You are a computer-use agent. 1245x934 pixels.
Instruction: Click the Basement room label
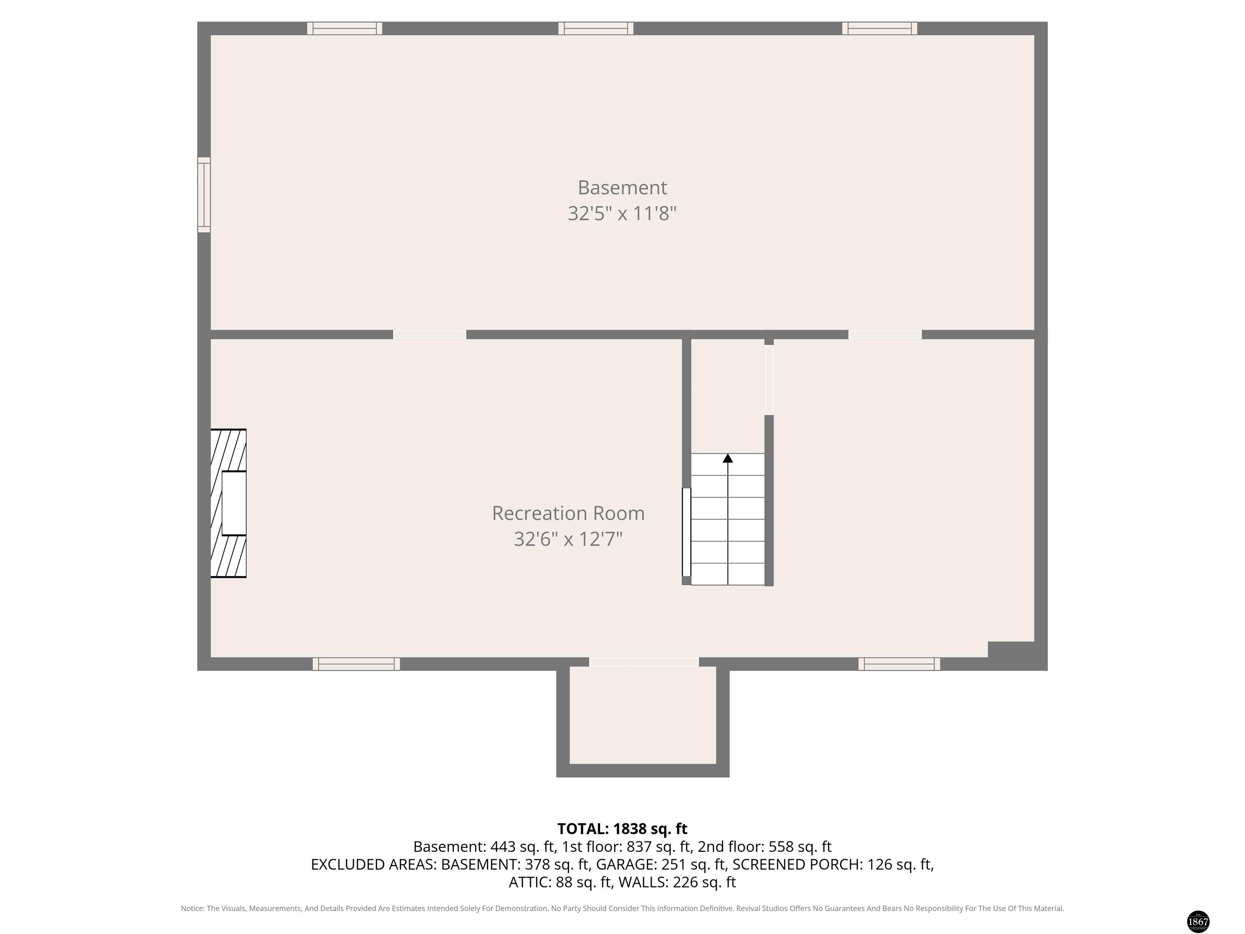pos(622,187)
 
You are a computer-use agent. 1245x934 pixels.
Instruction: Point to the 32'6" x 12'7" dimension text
pos(569,539)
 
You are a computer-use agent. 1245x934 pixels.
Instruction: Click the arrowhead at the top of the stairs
pos(728,458)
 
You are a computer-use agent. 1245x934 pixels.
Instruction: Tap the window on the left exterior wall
pos(204,195)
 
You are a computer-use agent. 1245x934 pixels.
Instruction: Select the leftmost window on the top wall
pos(344,28)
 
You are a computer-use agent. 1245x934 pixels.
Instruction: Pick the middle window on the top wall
pos(595,28)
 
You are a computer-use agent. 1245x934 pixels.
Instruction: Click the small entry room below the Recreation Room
pos(643,715)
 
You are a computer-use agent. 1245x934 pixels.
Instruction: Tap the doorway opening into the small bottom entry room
pos(644,662)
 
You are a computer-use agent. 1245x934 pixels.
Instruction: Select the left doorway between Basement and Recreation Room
pos(430,335)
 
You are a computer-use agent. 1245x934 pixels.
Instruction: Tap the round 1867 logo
pos(1198,921)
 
